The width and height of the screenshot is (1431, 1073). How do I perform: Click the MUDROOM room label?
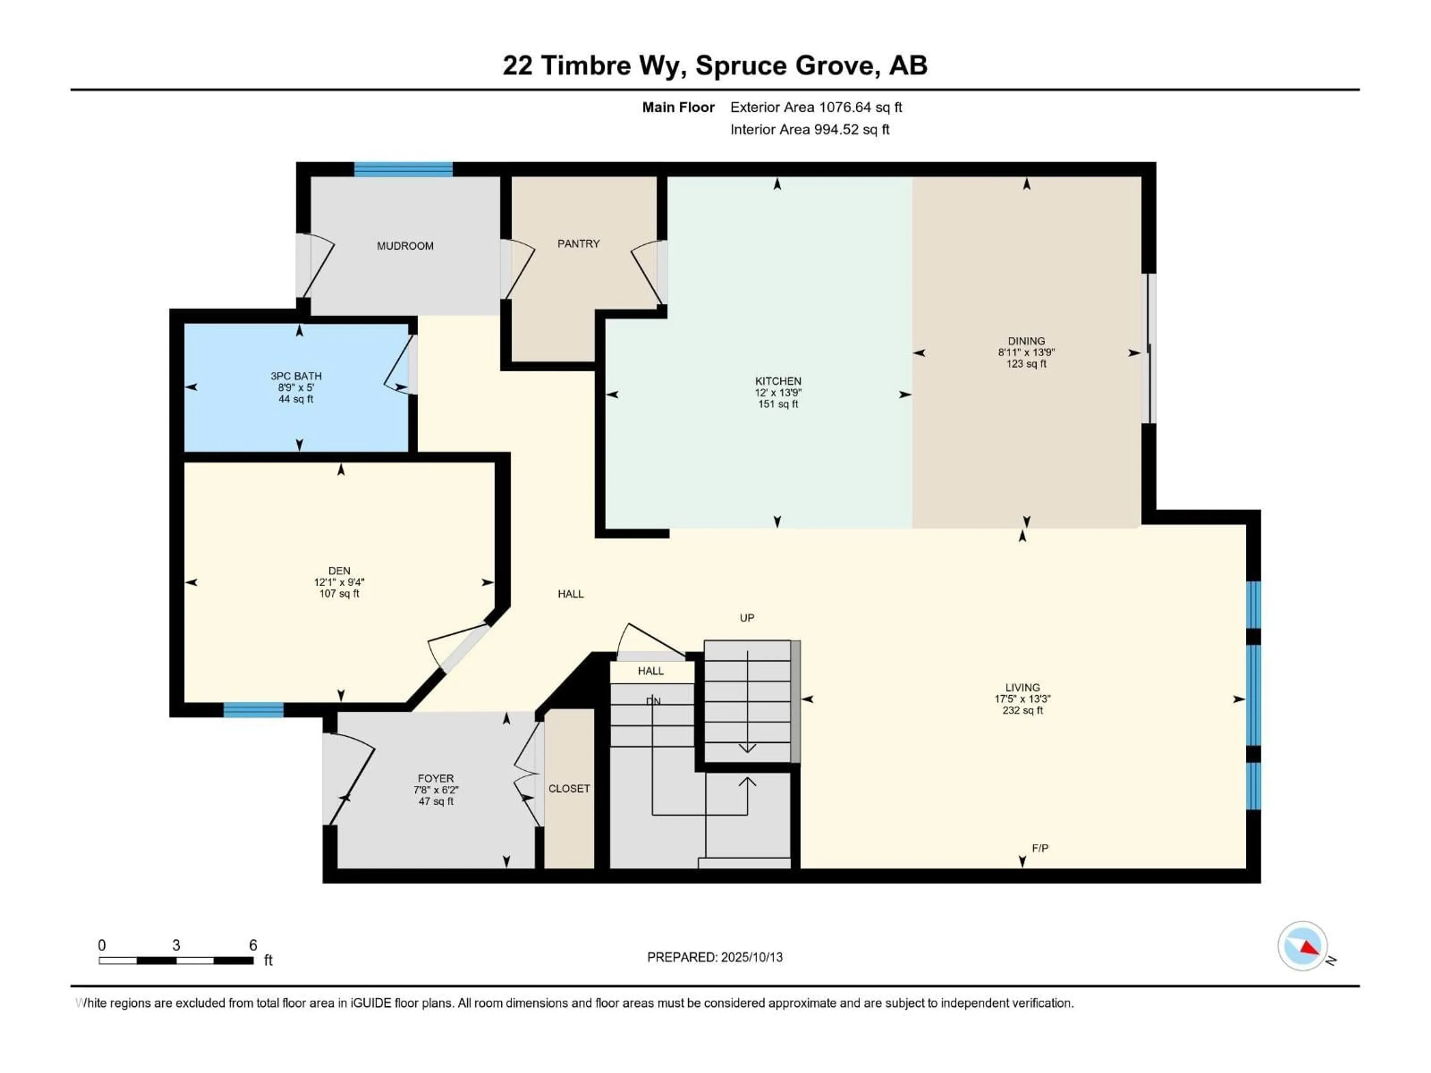click(x=405, y=246)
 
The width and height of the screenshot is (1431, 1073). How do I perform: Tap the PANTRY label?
click(x=578, y=244)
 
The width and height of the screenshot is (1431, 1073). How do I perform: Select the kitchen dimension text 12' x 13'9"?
click(x=778, y=393)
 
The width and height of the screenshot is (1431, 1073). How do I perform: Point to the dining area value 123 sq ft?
click(x=1026, y=364)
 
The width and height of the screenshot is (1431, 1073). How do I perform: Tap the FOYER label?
click(x=435, y=779)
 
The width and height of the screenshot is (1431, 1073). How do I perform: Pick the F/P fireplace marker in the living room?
click(x=1040, y=848)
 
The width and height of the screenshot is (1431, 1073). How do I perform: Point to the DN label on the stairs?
click(x=653, y=701)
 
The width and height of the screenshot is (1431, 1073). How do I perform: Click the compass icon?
click(x=1302, y=946)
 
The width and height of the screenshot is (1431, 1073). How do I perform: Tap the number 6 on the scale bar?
click(x=253, y=945)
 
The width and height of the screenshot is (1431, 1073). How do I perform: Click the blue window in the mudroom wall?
click(x=403, y=170)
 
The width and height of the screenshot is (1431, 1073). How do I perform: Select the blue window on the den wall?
click(x=254, y=709)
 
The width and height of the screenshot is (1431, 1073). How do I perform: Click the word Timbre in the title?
click(x=585, y=65)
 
